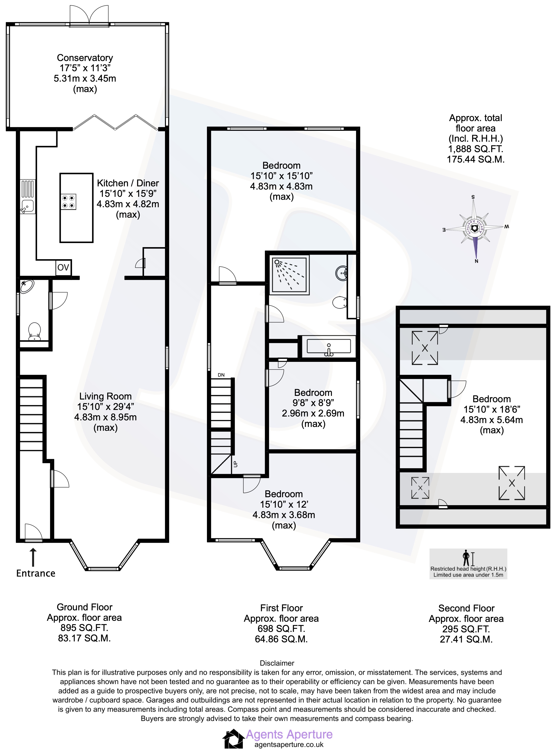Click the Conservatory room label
pyautogui.click(x=85, y=58)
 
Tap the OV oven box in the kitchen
pyautogui.click(x=63, y=268)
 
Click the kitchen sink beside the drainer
pyautogui.click(x=27, y=206)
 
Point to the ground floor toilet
pyautogui.click(x=34, y=331)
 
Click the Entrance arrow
pyautogui.click(x=33, y=557)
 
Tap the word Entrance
pyautogui.click(x=36, y=573)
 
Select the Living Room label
pyautogui.click(x=105, y=396)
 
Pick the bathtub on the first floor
pyautogui.click(x=329, y=347)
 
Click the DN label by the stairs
pyautogui.click(x=221, y=375)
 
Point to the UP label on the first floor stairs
pyautogui.click(x=235, y=464)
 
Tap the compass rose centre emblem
pyautogui.click(x=475, y=229)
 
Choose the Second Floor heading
pyautogui.click(x=466, y=608)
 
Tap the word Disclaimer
pyautogui.click(x=277, y=663)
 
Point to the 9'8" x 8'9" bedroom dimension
pyautogui.click(x=313, y=403)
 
